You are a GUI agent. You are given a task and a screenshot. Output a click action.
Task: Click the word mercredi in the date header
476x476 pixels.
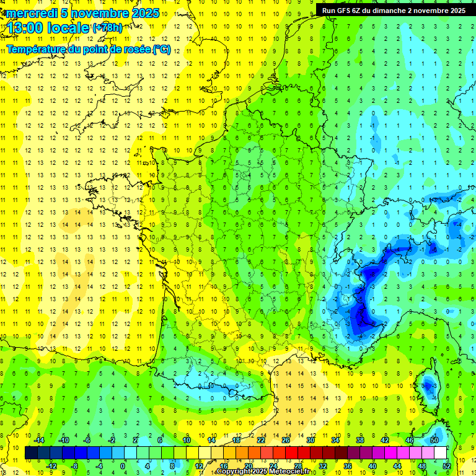(x=31, y=13)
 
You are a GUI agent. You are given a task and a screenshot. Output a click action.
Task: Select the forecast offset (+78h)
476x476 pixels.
(x=107, y=28)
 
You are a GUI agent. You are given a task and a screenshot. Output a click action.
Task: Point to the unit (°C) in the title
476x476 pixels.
(x=161, y=49)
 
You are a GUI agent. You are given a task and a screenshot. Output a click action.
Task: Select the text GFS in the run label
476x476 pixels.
(x=343, y=11)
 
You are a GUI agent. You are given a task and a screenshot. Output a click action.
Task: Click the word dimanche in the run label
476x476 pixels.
(x=394, y=11)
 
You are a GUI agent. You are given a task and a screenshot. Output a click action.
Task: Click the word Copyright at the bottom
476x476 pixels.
(x=236, y=472)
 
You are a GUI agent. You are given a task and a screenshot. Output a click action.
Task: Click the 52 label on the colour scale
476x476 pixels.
(x=447, y=466)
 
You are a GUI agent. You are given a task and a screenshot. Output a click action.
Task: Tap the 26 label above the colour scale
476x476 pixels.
(x=286, y=440)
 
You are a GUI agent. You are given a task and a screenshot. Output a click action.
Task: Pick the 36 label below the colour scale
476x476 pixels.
(x=348, y=466)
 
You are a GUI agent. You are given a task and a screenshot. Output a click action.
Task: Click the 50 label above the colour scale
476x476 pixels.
(x=434, y=440)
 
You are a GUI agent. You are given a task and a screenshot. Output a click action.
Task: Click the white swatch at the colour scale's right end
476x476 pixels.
(x=440, y=453)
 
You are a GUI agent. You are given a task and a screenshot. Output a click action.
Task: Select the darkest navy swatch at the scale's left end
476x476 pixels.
(x=32, y=453)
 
